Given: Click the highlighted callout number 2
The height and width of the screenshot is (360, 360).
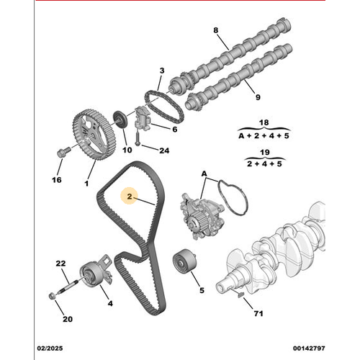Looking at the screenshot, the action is tap(130, 197).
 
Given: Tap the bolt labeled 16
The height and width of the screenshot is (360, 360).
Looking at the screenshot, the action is tap(63, 152).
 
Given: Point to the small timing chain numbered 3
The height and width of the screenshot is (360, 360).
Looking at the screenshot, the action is tap(164, 107).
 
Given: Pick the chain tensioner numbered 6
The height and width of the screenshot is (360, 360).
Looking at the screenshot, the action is tap(143, 118).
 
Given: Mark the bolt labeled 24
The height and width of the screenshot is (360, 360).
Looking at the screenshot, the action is tap(138, 139).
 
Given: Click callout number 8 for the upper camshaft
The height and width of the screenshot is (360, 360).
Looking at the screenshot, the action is tap(216, 30).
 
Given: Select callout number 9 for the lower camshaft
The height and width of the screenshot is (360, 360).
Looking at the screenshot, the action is tap(258, 97).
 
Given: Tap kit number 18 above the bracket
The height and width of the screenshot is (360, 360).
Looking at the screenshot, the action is tap(264, 122).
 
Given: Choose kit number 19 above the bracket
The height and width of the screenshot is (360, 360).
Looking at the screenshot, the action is tap(265, 152).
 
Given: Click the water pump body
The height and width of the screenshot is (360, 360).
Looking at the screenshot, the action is tap(202, 216).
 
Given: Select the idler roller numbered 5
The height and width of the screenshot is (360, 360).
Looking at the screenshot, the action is tap(184, 261).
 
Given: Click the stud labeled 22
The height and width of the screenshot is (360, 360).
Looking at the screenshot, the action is tap(69, 287).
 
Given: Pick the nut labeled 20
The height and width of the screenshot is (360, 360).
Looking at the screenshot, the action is tap(52, 296).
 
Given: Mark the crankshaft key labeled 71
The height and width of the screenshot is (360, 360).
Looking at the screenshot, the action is tap(240, 295).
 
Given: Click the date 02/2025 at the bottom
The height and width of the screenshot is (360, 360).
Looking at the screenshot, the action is tap(50, 348).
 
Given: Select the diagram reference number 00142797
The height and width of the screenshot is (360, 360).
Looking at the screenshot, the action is tap(309, 348).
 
